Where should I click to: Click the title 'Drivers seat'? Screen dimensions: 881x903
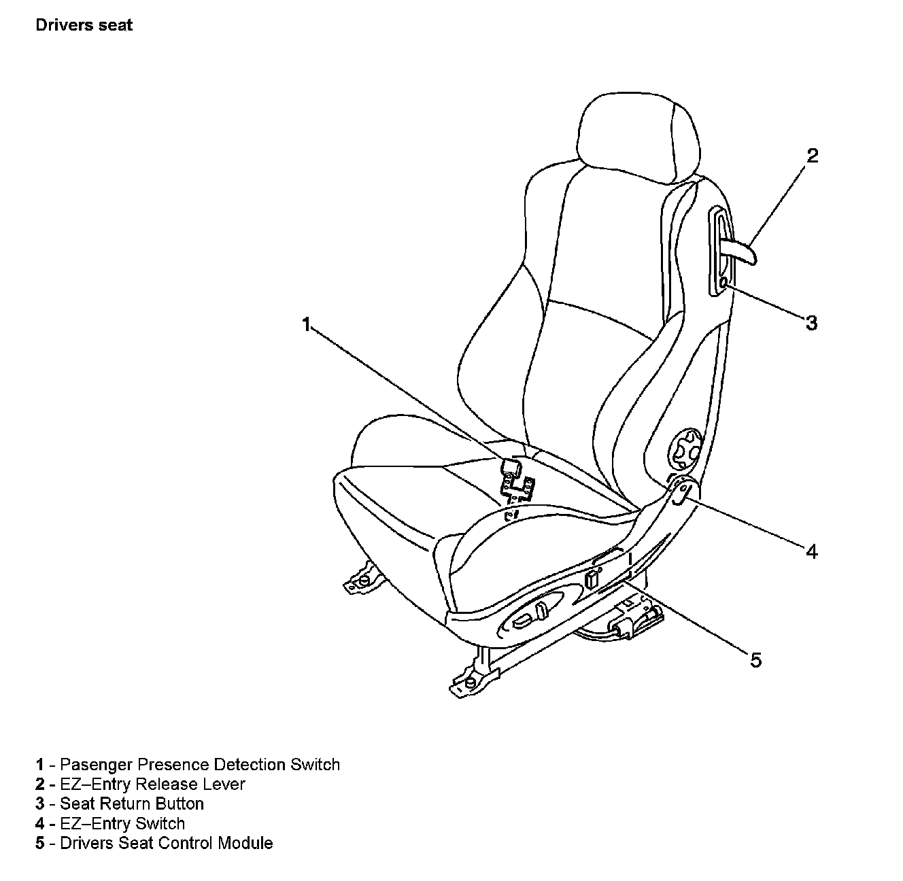tap(84, 26)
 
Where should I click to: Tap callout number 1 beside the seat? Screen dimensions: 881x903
tap(307, 324)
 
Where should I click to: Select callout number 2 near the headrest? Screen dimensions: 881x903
tap(812, 156)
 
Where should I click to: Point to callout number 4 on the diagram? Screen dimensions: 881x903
tap(811, 551)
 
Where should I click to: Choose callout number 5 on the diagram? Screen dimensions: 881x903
tap(756, 659)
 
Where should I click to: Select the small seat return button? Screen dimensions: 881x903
tap(723, 281)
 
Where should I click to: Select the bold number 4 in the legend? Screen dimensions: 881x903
tap(40, 824)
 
